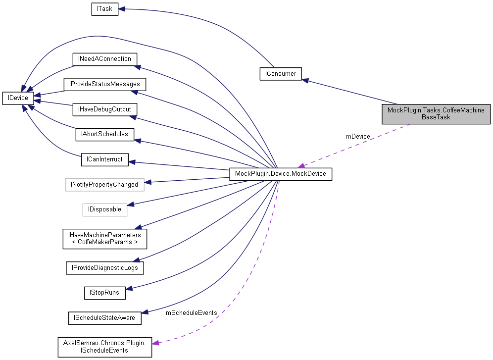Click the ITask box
[105, 9]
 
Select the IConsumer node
[281, 74]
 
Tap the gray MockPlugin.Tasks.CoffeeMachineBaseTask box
[436, 113]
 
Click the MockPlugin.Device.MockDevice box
[281, 174]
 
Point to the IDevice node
[18, 98]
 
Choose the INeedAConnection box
[104, 59]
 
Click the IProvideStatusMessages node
[104, 84]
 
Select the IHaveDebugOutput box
[104, 108]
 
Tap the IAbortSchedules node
[104, 134]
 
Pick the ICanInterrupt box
[104, 159]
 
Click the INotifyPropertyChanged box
[104, 185]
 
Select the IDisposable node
[104, 209]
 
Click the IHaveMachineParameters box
[104, 238]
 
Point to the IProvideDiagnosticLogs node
[104, 267]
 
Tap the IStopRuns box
[104, 293]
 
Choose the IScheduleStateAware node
[104, 317]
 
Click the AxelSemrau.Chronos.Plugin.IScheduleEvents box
[104, 347]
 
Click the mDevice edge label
[357, 136]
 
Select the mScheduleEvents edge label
[191, 312]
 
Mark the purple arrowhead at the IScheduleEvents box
[155, 343]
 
